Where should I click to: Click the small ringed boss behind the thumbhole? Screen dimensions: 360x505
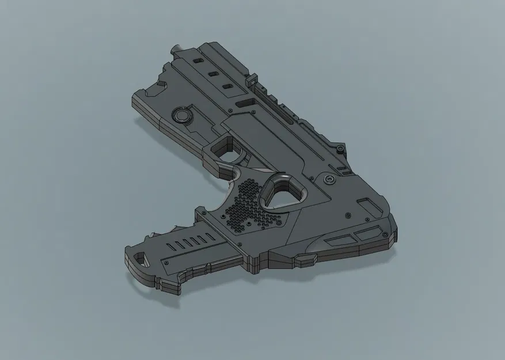[x=329, y=180]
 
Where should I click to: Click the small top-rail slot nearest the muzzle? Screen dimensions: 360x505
[x=198, y=60]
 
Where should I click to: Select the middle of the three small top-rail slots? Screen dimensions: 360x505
[x=212, y=73]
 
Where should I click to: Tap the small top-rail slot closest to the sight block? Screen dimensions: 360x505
[x=227, y=86]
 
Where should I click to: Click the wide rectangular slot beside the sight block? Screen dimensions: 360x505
[x=245, y=103]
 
